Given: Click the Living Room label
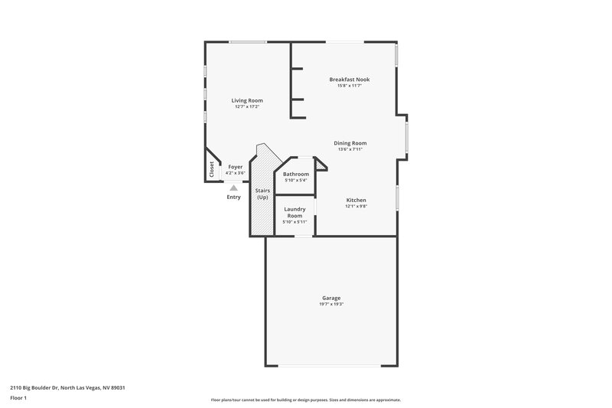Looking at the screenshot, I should click(247, 100).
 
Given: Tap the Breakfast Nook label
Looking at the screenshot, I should click(349, 79).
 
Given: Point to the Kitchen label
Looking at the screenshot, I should click(356, 200).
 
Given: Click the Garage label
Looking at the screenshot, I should click(330, 298).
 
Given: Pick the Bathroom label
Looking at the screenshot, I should click(296, 174).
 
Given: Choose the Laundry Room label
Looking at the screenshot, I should click(295, 212).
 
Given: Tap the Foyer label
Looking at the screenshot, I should click(235, 167).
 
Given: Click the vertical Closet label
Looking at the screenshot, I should click(212, 170).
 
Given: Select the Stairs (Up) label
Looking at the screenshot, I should click(262, 193).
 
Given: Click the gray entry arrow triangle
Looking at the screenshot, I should click(234, 187).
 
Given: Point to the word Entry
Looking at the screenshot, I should click(234, 197).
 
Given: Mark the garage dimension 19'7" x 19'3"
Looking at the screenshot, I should click(330, 305).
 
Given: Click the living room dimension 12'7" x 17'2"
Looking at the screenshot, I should click(247, 106).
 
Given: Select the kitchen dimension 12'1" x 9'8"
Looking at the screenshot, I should click(356, 206).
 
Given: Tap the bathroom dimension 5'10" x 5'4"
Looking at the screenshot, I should click(296, 181).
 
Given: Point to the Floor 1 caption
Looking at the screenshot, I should click(18, 398).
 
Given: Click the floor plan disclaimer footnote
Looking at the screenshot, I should click(305, 400).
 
